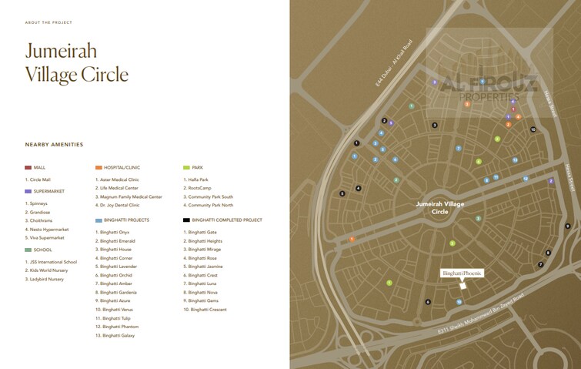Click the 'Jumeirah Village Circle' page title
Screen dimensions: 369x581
(x=76, y=63)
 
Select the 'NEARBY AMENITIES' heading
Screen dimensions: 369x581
(x=54, y=144)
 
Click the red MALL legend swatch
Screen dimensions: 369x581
(x=28, y=167)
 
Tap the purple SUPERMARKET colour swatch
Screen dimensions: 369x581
(x=28, y=191)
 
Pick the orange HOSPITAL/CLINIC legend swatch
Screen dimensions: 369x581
(x=99, y=167)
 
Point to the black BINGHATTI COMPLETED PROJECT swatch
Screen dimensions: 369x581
(x=187, y=220)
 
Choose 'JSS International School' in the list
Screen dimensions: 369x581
(x=55, y=261)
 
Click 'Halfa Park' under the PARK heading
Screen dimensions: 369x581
(x=197, y=179)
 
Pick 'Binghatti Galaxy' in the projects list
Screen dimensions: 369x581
(x=120, y=336)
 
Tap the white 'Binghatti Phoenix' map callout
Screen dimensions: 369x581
(x=462, y=273)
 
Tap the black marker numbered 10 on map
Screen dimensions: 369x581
(x=533, y=129)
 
